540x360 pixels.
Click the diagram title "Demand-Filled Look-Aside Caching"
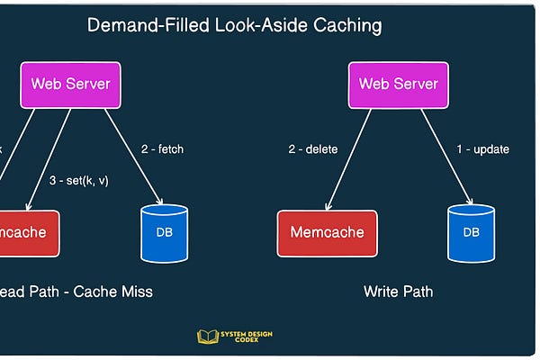(233, 25)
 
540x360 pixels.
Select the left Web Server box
(70, 85)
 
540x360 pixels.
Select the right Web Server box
(398, 85)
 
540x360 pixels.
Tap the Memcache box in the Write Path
(327, 232)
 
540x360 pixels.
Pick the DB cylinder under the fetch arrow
(164, 233)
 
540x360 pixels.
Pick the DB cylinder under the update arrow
(471, 233)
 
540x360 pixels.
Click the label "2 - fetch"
(162, 148)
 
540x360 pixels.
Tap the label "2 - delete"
(312, 148)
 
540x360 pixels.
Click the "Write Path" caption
(398, 292)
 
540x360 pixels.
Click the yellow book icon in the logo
(207, 337)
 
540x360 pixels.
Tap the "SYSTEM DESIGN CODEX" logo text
(247, 337)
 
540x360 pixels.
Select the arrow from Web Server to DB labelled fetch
(133, 155)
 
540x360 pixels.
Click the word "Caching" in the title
(346, 25)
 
